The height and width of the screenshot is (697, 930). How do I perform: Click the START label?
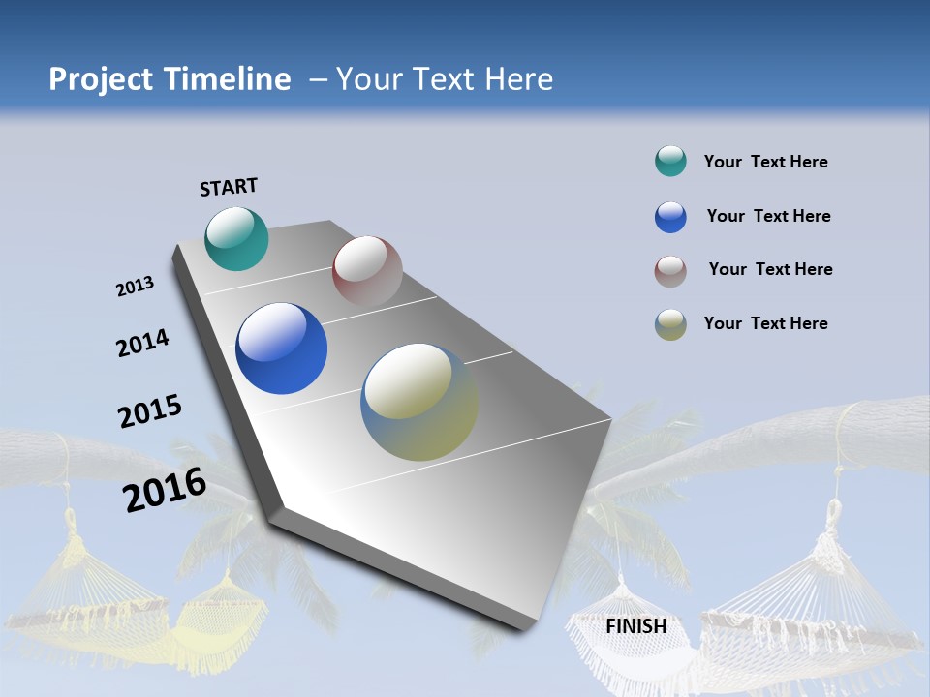pos(229,187)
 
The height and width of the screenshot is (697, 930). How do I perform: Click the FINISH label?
pos(636,626)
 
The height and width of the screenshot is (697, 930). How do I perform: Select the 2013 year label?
pos(136,287)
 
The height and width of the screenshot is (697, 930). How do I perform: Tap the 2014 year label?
pos(142,344)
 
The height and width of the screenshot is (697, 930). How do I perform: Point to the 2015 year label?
pos(149,410)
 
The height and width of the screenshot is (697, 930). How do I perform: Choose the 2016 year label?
pos(165,490)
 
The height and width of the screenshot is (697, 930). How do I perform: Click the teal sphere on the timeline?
pos(236,238)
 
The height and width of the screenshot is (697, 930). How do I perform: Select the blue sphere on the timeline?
pos(281,348)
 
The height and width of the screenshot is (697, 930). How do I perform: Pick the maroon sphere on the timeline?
pos(367,271)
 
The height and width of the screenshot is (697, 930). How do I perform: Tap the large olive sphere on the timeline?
pos(419,402)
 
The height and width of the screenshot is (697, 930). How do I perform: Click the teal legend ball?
pos(670,162)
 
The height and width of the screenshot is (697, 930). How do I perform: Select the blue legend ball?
pos(670,217)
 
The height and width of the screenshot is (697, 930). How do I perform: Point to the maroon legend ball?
pos(670,271)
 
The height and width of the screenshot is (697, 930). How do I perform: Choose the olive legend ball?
pos(670,324)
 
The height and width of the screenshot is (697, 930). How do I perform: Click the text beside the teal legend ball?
pos(765,162)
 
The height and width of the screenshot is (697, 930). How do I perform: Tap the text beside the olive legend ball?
pos(765,323)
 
